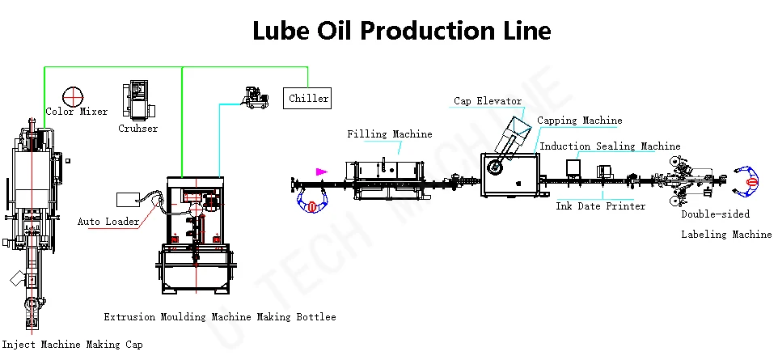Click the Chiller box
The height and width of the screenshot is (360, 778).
307,99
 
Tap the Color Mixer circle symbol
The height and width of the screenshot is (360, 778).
73,97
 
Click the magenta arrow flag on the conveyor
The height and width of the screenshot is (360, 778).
322,172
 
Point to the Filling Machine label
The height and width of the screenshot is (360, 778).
390,134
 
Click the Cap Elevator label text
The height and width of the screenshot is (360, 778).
488,101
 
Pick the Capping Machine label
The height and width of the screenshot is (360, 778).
580,121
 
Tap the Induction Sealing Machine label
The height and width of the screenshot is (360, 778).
610,146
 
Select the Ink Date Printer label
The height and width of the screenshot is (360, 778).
600,205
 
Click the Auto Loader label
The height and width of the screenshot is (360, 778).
108,222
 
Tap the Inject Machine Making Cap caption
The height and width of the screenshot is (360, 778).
73,344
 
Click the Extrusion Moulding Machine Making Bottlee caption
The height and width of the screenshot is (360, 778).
220,317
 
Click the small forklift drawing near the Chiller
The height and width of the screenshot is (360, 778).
255,97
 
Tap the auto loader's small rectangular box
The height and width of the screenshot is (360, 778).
126,200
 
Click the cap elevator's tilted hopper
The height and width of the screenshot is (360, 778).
519,126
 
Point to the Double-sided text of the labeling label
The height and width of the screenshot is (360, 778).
715,214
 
